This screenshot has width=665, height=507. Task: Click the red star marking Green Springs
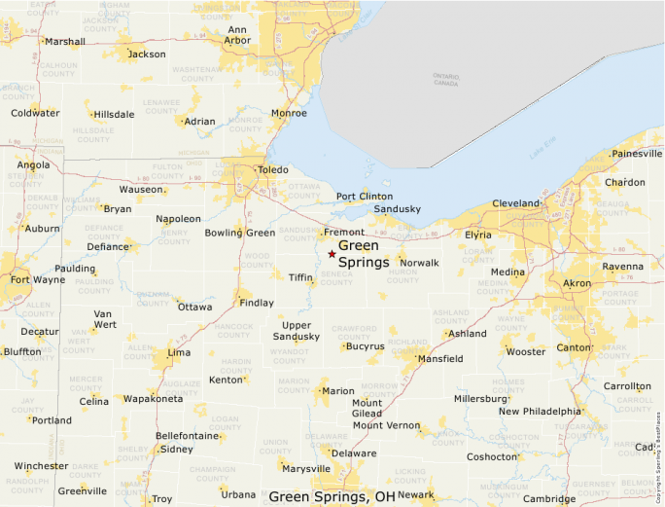[332, 254]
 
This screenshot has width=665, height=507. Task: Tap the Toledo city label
[272, 170]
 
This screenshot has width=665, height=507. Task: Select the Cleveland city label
[515, 203]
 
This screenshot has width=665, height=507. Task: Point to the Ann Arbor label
[237, 35]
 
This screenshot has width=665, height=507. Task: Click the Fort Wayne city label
[38, 280]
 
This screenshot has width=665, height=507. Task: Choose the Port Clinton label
[365, 197]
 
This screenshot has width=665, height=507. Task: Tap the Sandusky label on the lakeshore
[398, 209]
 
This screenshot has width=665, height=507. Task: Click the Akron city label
[577, 283]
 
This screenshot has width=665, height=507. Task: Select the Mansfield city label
[439, 359]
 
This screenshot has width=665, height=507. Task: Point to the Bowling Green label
[240, 233]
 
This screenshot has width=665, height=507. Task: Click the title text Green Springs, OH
[332, 496]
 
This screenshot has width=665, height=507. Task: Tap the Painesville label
[637, 154]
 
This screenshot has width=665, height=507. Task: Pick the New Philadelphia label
[540, 411]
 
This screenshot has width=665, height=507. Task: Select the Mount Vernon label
[386, 425]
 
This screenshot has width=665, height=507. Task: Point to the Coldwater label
[35, 113]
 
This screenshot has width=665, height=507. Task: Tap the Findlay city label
[257, 303]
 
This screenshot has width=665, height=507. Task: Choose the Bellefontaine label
[188, 436]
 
